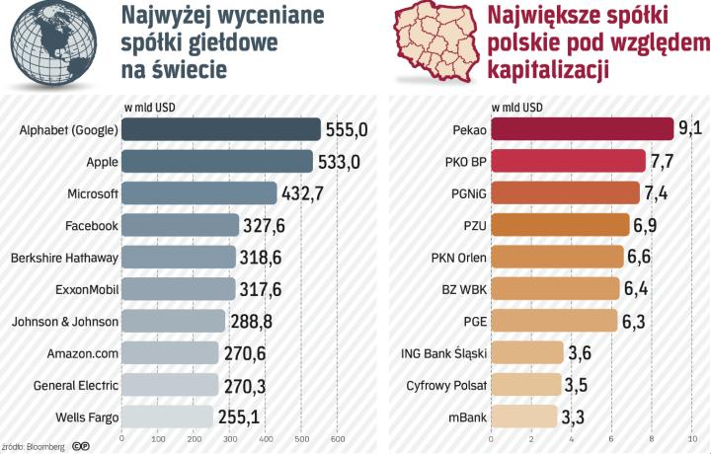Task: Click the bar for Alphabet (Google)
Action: click(220, 129)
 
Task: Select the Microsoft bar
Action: click(198, 192)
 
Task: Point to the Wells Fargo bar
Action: click(167, 416)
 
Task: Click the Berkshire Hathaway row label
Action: click(64, 257)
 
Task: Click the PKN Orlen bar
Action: click(557, 257)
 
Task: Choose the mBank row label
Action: click(464, 416)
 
